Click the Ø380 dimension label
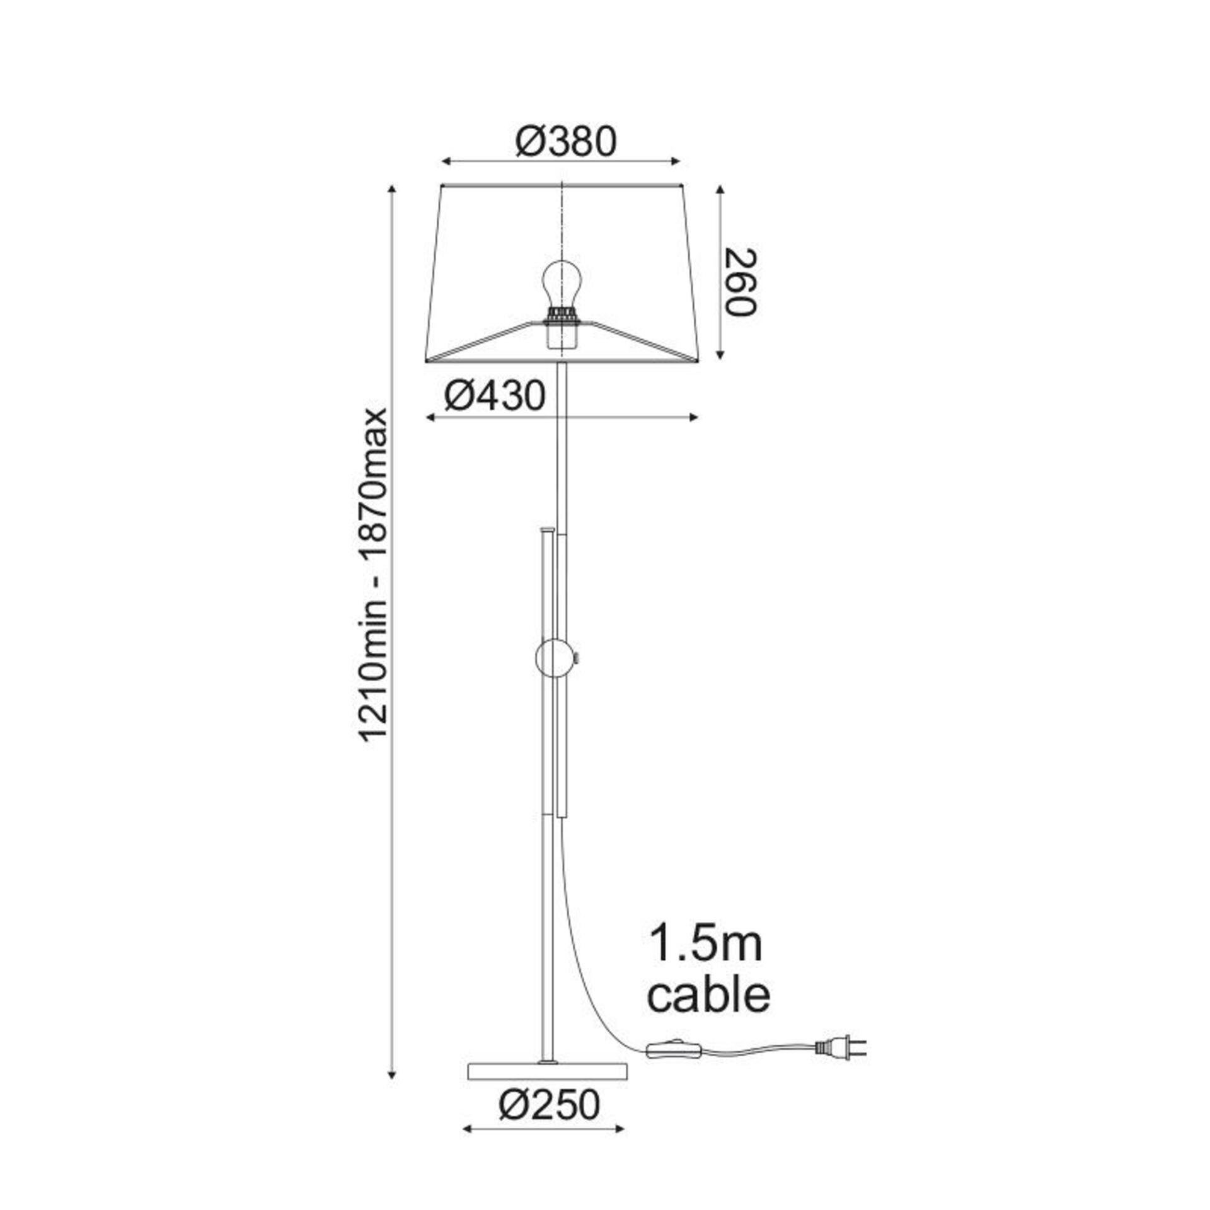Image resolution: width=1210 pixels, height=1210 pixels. point(565,142)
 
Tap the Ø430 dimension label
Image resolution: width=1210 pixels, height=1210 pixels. point(494,396)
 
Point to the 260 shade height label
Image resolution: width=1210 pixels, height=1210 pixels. point(740,282)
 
